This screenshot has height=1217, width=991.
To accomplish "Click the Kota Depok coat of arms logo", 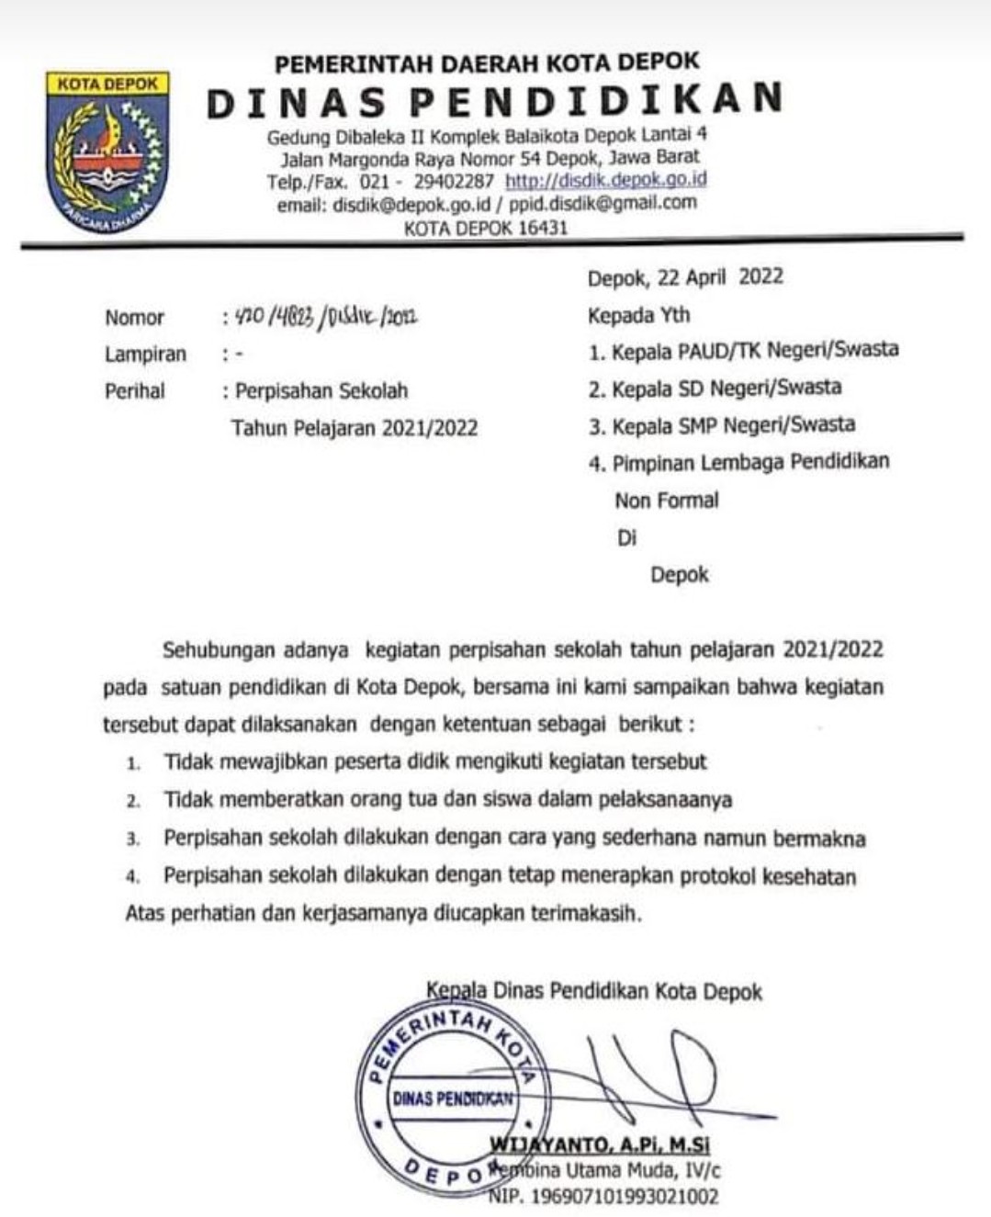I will (x=108, y=152).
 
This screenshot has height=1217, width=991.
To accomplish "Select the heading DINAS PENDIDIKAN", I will (x=495, y=101).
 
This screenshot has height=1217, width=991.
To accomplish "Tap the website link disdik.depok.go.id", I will (x=606, y=180).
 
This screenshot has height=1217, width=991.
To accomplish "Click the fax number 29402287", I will (x=454, y=182).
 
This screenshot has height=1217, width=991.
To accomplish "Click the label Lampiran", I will (x=145, y=355).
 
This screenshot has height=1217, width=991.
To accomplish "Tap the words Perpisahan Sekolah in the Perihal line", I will (x=321, y=391).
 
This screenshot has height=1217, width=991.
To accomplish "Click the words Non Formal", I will (x=667, y=501).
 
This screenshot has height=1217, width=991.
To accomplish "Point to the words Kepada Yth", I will (x=638, y=316).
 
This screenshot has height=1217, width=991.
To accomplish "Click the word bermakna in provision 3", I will (x=819, y=838).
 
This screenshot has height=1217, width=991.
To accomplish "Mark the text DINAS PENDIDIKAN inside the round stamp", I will (x=452, y=1099).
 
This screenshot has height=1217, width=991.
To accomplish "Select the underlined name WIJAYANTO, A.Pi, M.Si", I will (x=601, y=1145).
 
